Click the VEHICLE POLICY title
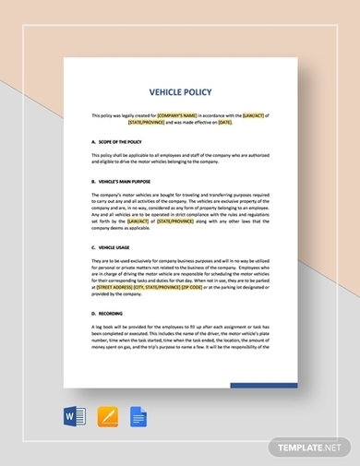180,92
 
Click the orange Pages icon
108,418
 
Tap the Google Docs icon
139,418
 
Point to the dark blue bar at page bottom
263,385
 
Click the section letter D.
94,314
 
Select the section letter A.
94,143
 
